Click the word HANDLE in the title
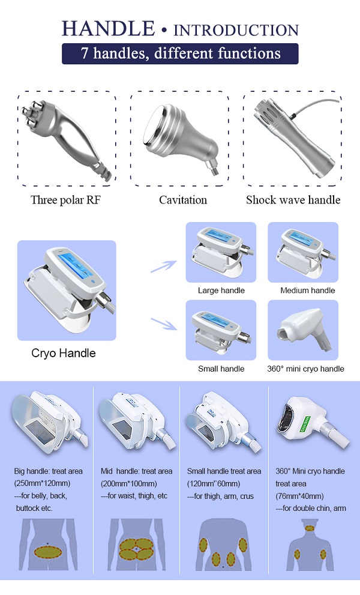click(x=109, y=29)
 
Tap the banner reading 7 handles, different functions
click(x=180, y=53)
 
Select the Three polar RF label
click(x=65, y=200)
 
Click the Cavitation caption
click(x=183, y=200)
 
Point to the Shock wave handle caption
click(x=293, y=200)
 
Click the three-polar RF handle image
click(x=66, y=137)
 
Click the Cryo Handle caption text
click(x=64, y=353)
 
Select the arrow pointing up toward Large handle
click(x=163, y=267)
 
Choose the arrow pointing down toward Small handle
click(x=164, y=323)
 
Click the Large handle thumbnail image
click(x=221, y=252)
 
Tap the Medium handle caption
click(x=308, y=291)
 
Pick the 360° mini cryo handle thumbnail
click(x=303, y=330)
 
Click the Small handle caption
click(x=221, y=369)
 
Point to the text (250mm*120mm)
click(x=42, y=483)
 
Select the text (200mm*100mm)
click(x=128, y=483)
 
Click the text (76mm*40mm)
click(x=299, y=496)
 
